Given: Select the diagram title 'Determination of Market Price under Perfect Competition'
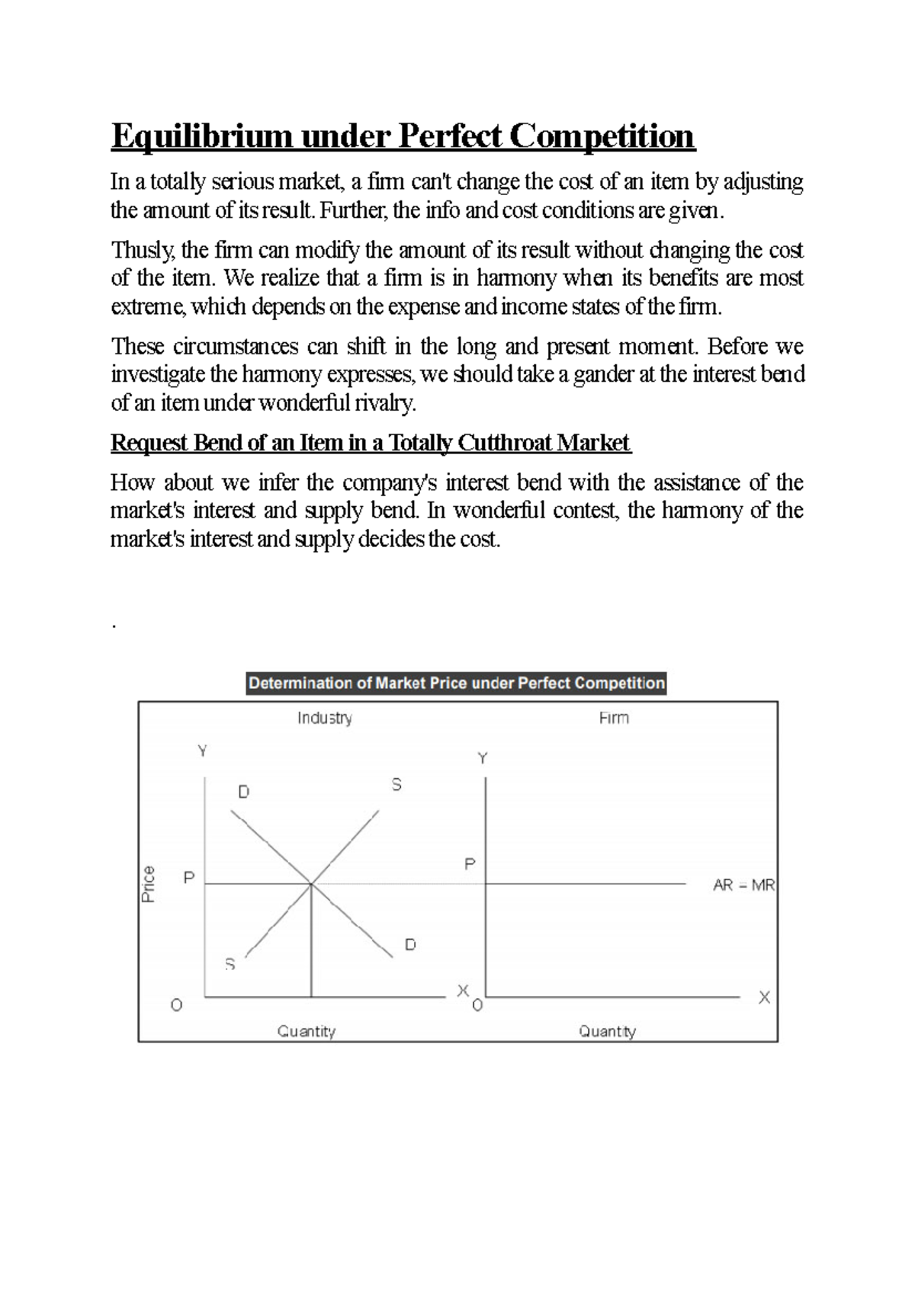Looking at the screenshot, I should (457, 683).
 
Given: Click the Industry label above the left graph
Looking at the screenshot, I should (325, 718).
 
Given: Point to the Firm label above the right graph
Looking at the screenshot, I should (614, 718).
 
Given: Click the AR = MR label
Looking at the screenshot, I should (743, 886).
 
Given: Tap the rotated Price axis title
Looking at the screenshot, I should (149, 884).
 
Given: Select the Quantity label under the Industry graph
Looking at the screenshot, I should (307, 1031).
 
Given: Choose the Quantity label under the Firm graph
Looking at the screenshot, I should (607, 1031).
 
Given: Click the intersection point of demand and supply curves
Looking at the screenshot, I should (311, 884).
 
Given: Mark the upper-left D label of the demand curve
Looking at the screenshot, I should (244, 792).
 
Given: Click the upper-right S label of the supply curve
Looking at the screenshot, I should (396, 784).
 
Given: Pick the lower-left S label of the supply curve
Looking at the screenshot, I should (230, 965).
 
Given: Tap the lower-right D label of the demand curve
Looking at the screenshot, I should (410, 945).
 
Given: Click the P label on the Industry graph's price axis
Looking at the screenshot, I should (189, 878).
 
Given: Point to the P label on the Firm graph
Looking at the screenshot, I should (470, 864).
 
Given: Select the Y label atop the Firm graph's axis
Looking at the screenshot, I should (483, 758).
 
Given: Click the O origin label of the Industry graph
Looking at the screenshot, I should (177, 1005).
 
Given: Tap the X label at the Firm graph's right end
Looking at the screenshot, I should (764, 998).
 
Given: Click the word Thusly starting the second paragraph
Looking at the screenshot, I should (143, 250).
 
